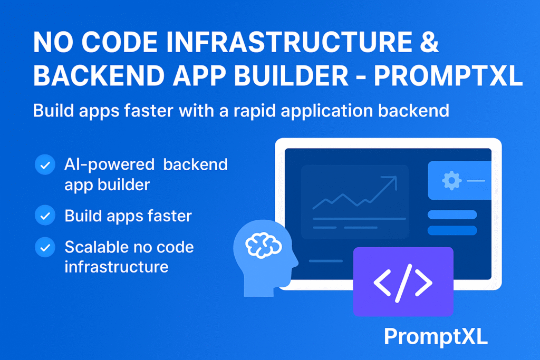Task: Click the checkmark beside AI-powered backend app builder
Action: pyautogui.click(x=44, y=165)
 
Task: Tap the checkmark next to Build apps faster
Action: pyautogui.click(x=44, y=216)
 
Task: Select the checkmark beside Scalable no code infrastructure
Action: pyautogui.click(x=44, y=247)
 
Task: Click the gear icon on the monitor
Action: pyautogui.click(x=451, y=181)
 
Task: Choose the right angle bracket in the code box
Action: pyautogui.click(x=423, y=283)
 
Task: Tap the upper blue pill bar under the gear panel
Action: pyautogui.click(x=452, y=215)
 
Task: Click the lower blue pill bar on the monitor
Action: pyautogui.click(x=452, y=230)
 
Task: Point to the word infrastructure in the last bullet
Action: pyautogui.click(x=117, y=266)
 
